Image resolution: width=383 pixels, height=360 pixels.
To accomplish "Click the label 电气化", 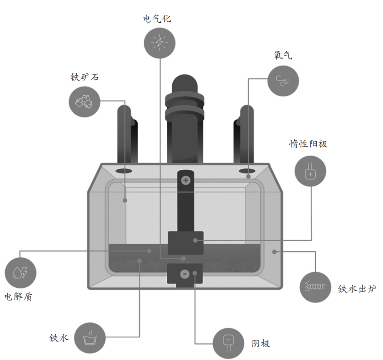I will [x=157, y=18].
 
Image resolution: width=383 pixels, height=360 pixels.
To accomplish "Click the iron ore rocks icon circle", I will [x=84, y=101].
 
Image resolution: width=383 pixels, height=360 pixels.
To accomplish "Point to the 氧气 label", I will [x=283, y=55].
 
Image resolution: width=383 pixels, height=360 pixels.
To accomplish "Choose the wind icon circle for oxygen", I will [x=283, y=81].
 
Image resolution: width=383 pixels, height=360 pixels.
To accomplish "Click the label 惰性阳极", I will [x=308, y=144].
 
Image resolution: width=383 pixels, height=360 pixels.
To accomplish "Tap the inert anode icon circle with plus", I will [x=310, y=171].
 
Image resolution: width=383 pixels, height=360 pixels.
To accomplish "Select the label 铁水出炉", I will [x=357, y=289].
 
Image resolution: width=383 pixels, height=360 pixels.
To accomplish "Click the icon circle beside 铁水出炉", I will [x=315, y=287].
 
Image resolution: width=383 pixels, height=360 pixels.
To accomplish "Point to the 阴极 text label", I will [x=261, y=343].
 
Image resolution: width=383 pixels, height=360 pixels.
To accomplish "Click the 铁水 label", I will [x=59, y=338].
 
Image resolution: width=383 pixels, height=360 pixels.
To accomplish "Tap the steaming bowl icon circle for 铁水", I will [x=90, y=338].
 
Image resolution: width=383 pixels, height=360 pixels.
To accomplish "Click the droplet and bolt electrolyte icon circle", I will [x=21, y=273].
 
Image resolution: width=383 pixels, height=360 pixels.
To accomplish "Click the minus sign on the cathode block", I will [x=185, y=274].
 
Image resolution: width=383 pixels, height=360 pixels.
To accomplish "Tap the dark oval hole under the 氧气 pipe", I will [x=247, y=171].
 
